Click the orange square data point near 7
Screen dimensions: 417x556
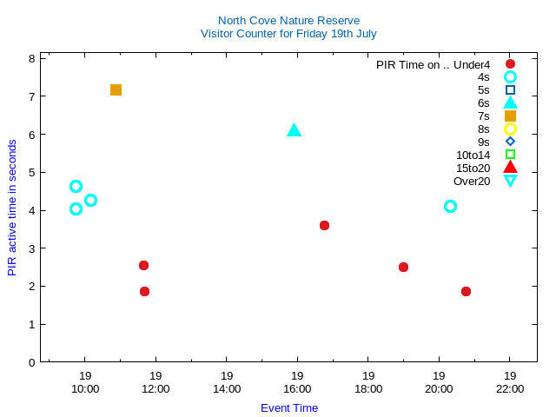[116, 89]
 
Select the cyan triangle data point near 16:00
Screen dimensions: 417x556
[294, 130]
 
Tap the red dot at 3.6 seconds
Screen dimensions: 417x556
[324, 225]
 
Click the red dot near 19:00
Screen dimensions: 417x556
[403, 267]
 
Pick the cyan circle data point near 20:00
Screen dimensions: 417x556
[450, 206]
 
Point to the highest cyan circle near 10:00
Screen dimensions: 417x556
[76, 186]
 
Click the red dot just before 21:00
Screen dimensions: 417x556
[466, 291]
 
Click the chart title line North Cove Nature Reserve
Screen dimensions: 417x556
[288, 20]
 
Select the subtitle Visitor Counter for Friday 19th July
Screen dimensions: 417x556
[288, 33]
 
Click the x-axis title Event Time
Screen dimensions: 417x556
[288, 407]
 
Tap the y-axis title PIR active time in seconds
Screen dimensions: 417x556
[12, 208]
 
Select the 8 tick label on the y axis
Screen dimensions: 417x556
[31, 58]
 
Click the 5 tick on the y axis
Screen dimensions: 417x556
[31, 172]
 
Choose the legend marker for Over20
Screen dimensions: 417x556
[510, 181]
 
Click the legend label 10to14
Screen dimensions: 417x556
[473, 155]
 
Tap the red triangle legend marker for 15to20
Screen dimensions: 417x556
[510, 168]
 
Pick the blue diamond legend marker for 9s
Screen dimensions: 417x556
[510, 142]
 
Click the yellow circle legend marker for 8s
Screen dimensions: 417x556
[510, 129]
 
